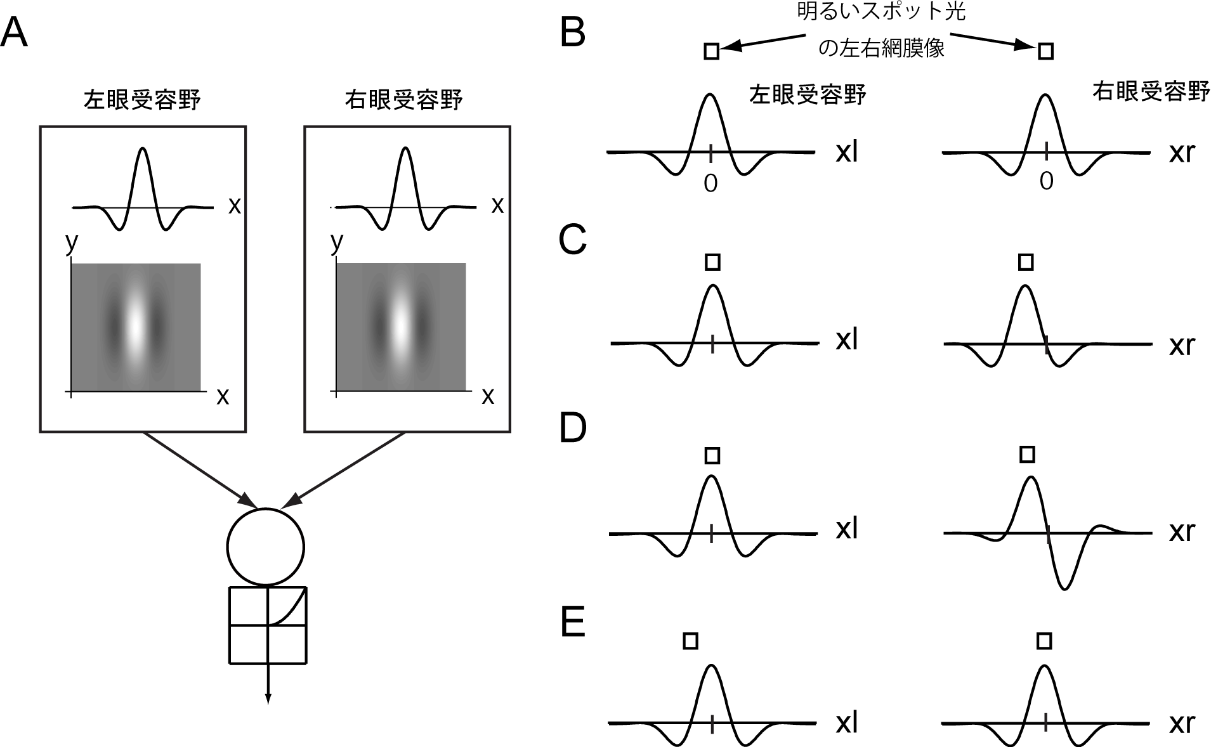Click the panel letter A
pos(15,33)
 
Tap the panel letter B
pos(572,33)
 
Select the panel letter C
pos(572,240)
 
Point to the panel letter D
pos(573,429)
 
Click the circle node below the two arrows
pos(266,546)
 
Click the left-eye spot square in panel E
pos(691,641)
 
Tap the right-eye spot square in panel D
pos(1027,454)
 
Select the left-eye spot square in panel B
pos(712,51)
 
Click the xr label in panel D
pos(1182,531)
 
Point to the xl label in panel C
pos(847,341)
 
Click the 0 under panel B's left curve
pos(710,183)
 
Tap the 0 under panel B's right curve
pos(1046,181)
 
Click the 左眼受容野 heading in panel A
pos(143,101)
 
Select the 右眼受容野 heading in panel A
pos(403,101)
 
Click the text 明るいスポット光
pos(881,12)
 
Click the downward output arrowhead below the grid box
pos(268,698)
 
